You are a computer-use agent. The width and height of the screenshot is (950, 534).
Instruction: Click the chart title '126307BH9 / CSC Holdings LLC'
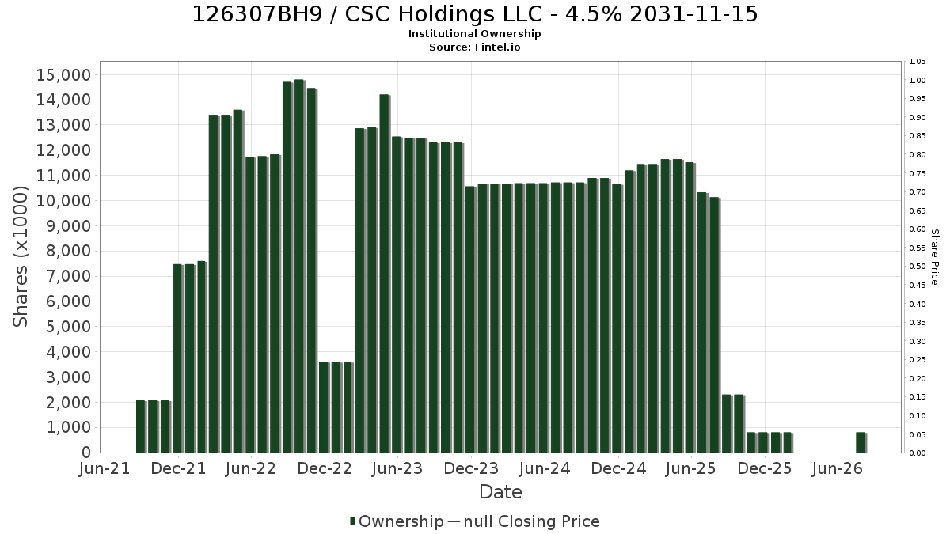pos(367,14)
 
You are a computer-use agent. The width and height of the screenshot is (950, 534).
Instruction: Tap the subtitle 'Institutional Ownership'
pos(474,34)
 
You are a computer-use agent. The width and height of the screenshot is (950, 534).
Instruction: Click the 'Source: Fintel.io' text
pos(474,47)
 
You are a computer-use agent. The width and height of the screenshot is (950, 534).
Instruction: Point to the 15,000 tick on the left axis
pos(63,75)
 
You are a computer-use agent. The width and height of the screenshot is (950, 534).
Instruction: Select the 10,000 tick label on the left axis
pos(63,201)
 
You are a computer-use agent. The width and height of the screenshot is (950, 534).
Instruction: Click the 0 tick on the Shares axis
pos(86,453)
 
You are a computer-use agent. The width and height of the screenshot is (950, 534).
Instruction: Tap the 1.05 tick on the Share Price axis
pos(917,62)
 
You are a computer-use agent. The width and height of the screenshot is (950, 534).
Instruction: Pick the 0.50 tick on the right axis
pos(917,267)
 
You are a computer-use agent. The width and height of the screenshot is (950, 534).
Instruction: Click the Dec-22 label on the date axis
pos(325,468)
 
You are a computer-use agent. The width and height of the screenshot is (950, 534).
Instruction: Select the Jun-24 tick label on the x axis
pos(545,468)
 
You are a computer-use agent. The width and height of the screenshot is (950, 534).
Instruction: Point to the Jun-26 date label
pos(838,468)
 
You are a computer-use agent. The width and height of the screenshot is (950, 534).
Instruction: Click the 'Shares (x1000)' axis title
pos(20,257)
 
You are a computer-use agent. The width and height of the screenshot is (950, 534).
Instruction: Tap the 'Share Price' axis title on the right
pos(935,257)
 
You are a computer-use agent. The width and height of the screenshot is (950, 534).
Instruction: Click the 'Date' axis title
pos(500,492)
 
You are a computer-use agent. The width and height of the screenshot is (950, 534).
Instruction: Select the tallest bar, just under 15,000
pos(299,266)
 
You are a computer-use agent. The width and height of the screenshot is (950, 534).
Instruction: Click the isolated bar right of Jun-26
pos(861,442)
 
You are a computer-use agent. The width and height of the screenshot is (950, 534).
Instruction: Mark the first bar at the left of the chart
pos(141,426)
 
